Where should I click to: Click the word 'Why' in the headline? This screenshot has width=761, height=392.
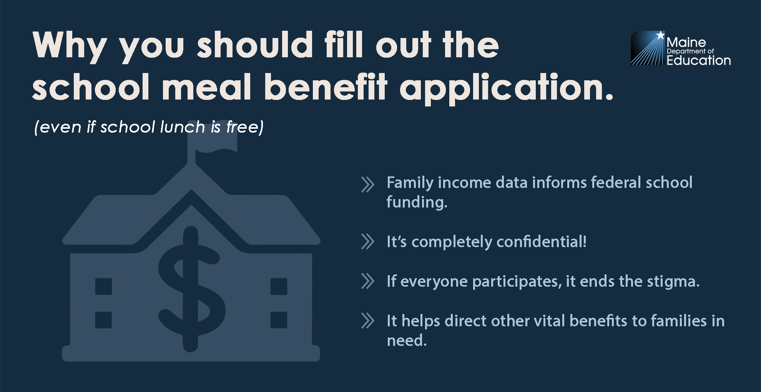pyautogui.click(x=70, y=46)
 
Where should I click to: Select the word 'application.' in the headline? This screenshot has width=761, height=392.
pyautogui.click(x=506, y=89)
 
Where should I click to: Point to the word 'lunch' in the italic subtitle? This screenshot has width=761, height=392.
pyautogui.click(x=183, y=127)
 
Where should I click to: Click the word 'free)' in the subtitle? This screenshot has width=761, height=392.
pyautogui.click(x=245, y=127)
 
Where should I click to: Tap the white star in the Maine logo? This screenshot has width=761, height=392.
pyautogui.click(x=660, y=35)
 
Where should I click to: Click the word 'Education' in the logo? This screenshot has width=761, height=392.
pyautogui.click(x=698, y=60)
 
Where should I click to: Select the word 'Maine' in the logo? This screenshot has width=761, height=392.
pyautogui.click(x=686, y=42)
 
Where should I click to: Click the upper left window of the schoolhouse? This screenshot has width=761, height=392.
pyautogui.click(x=103, y=286)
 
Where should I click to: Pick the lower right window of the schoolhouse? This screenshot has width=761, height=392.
pyautogui.click(x=279, y=320)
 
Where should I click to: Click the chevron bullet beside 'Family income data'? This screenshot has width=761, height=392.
pyautogui.click(x=367, y=184)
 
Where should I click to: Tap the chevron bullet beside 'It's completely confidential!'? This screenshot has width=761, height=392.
pyautogui.click(x=367, y=242)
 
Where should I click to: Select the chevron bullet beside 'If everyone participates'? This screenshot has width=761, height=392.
pyautogui.click(x=367, y=281)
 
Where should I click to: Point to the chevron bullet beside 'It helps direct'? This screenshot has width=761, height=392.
pyautogui.click(x=367, y=321)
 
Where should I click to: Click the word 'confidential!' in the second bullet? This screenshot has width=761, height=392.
pyautogui.click(x=542, y=242)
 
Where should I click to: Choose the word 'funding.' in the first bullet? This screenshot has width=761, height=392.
pyautogui.click(x=417, y=202)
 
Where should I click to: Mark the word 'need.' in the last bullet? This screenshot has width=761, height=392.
pyautogui.click(x=407, y=341)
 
